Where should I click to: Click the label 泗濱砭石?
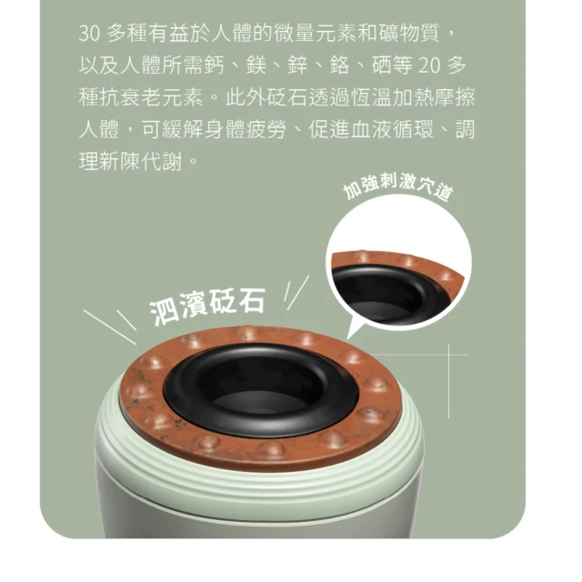tap(207, 306)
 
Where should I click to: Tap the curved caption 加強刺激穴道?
tap(398, 187)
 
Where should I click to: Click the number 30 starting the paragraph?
tap(89, 34)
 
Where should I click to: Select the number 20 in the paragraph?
tap(429, 65)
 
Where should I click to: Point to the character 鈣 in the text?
tap(215, 65)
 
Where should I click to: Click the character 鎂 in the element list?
tap(256, 65)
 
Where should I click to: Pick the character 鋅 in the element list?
tap(298, 65)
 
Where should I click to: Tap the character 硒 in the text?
tap(382, 65)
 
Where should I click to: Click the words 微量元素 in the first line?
tap(316, 34)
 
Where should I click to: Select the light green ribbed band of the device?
tap(260, 471)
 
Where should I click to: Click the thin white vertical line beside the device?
tap(448, 382)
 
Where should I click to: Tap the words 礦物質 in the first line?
tap(409, 34)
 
